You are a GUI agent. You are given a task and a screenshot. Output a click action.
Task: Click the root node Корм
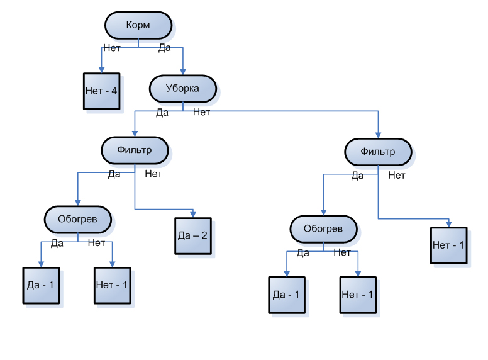click(138, 25)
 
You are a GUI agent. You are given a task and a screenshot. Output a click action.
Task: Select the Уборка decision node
click(182, 89)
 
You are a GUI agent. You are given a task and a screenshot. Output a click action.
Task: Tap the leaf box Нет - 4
click(101, 91)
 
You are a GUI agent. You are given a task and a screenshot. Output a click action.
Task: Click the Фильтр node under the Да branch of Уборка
click(135, 150)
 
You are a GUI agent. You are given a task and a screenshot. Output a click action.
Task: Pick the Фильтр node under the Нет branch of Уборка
click(378, 152)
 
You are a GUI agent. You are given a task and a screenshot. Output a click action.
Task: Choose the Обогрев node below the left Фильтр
click(77, 219)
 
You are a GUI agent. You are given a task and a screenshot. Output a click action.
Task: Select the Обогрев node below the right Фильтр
click(323, 228)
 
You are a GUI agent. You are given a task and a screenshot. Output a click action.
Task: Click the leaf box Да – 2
click(192, 236)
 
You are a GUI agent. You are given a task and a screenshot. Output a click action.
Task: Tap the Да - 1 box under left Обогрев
click(41, 285)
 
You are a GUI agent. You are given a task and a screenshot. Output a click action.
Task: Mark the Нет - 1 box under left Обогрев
click(112, 285)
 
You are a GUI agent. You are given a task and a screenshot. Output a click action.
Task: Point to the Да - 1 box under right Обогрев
click(287, 295)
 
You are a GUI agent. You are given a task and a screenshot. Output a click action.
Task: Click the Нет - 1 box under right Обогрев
click(358, 295)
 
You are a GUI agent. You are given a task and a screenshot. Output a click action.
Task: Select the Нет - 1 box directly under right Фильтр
click(449, 244)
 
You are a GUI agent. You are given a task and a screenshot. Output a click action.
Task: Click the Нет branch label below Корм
click(111, 48)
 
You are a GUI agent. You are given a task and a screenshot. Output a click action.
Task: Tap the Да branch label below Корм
click(165, 48)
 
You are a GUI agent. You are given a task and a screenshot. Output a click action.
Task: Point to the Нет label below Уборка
click(201, 112)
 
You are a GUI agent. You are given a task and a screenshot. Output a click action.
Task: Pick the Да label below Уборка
click(162, 112)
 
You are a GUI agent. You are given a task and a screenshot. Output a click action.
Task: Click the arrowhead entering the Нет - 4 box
click(101, 70)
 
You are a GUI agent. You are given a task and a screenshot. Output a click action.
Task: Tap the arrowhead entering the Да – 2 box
click(192, 214)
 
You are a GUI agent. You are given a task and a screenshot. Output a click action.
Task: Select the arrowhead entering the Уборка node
click(182, 72)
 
